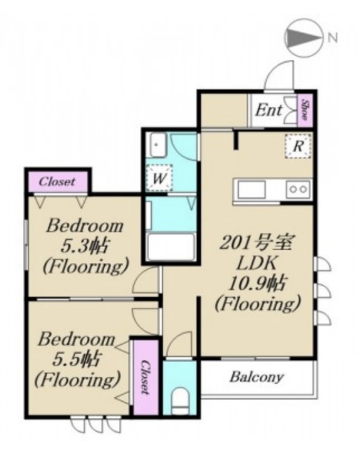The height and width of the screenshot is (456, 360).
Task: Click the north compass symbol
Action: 304,37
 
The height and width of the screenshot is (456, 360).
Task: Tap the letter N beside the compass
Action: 333,38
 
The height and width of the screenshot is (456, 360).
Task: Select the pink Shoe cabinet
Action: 304,110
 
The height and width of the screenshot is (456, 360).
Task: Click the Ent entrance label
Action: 269,110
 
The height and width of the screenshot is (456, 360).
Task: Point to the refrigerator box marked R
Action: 298,146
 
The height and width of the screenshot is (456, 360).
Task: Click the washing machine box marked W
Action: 159,178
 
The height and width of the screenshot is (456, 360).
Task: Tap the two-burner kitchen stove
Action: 298,190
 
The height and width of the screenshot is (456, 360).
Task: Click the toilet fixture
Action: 180,400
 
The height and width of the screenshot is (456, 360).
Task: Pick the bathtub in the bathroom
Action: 171,247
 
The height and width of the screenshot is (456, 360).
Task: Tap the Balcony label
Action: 257,377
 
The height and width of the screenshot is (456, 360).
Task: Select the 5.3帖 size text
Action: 84,246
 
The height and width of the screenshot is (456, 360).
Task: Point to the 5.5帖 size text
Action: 77,359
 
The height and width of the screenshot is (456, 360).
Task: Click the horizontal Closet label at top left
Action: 57,182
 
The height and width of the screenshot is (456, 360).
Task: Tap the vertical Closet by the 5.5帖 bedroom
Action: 145,377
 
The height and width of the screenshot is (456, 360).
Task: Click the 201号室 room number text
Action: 256,243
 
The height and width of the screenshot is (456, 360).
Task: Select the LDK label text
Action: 257,263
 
